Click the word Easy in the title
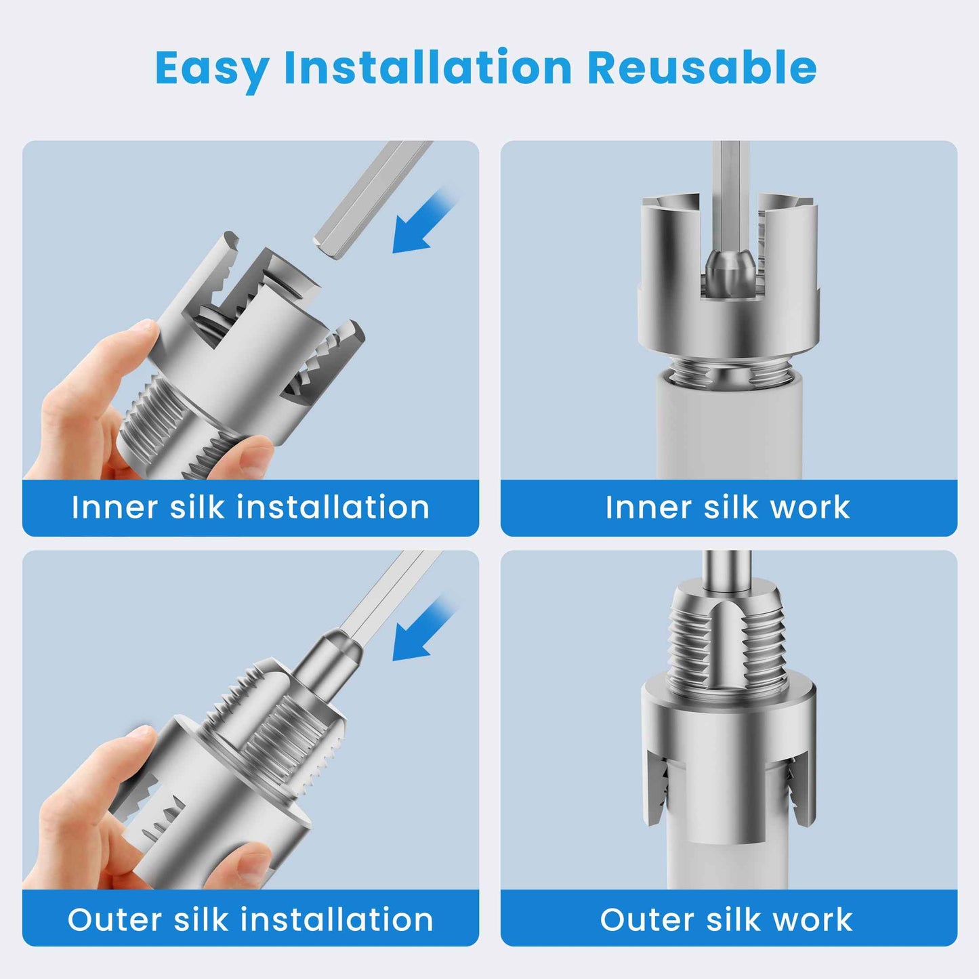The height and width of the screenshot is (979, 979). click(211, 68)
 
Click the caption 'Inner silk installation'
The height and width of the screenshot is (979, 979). click(251, 507)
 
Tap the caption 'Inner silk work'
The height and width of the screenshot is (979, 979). click(728, 507)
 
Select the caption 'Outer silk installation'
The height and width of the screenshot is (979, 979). click(251, 919)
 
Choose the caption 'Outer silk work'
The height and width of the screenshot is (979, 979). click(726, 919)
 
